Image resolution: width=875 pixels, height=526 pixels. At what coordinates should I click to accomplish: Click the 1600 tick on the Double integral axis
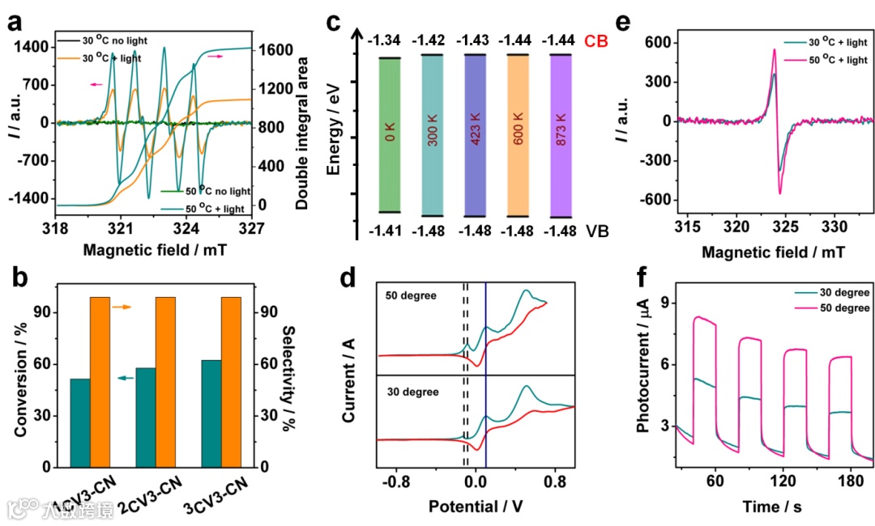(x=273, y=49)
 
